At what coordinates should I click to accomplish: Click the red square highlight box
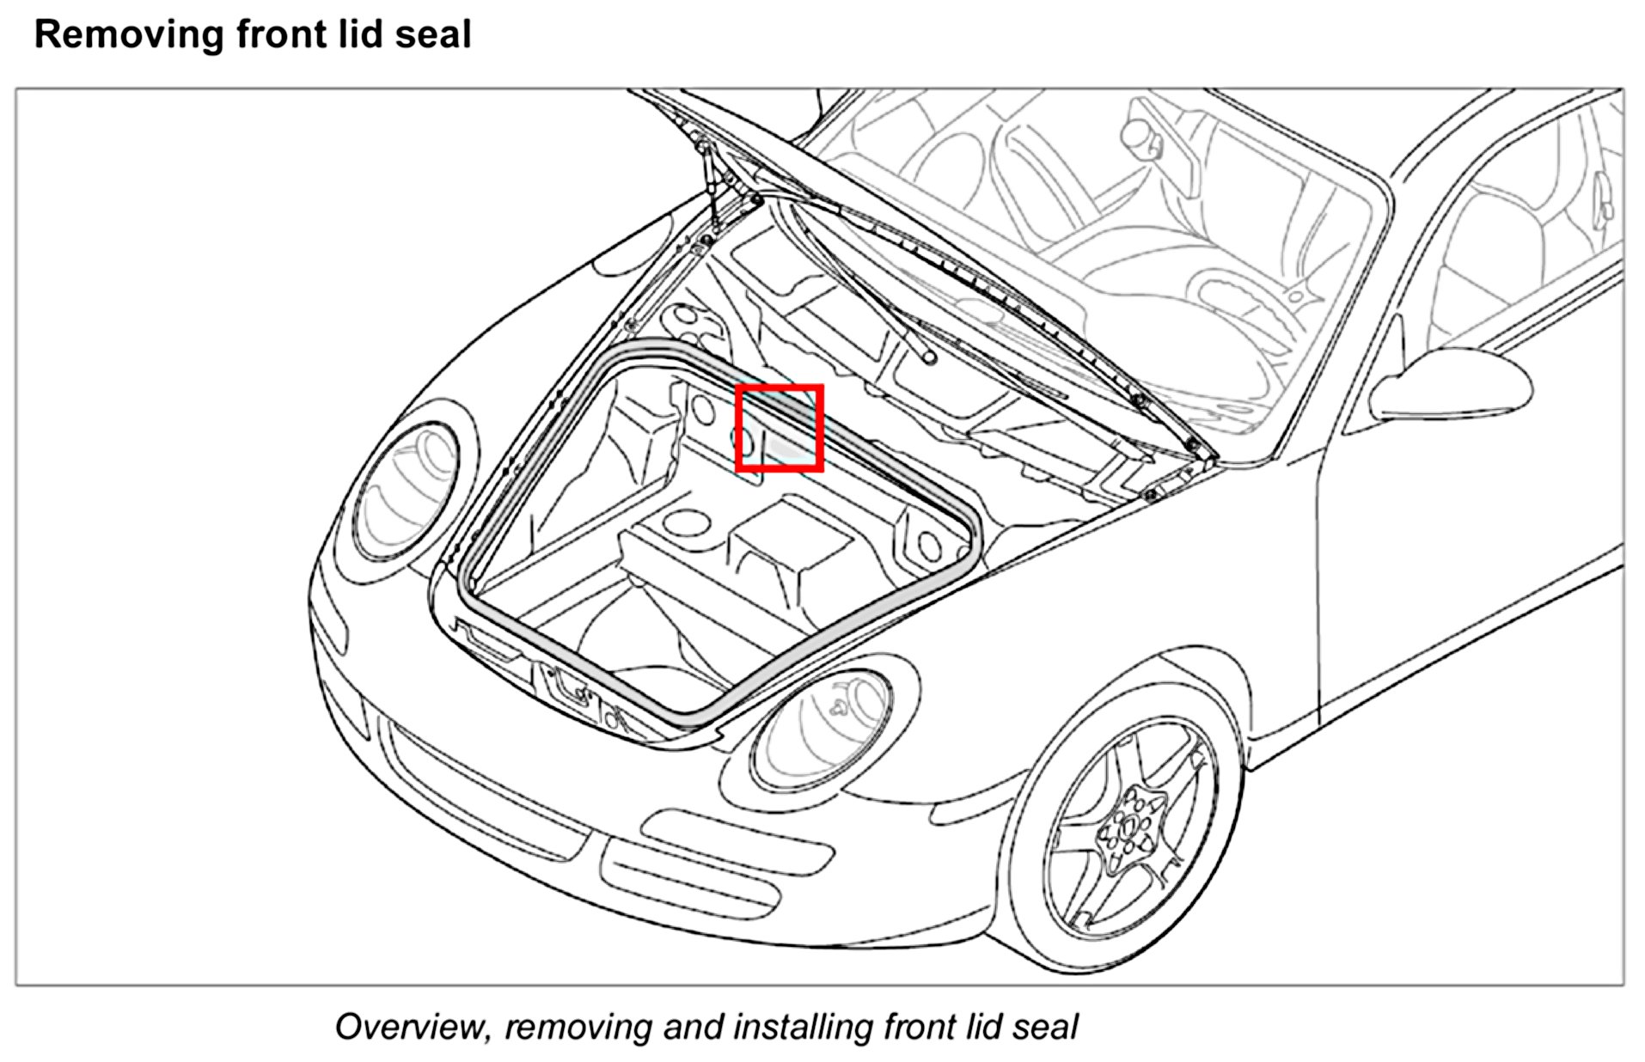click(780, 428)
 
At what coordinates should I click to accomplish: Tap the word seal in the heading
click(438, 35)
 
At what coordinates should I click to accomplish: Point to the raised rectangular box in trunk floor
click(791, 546)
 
